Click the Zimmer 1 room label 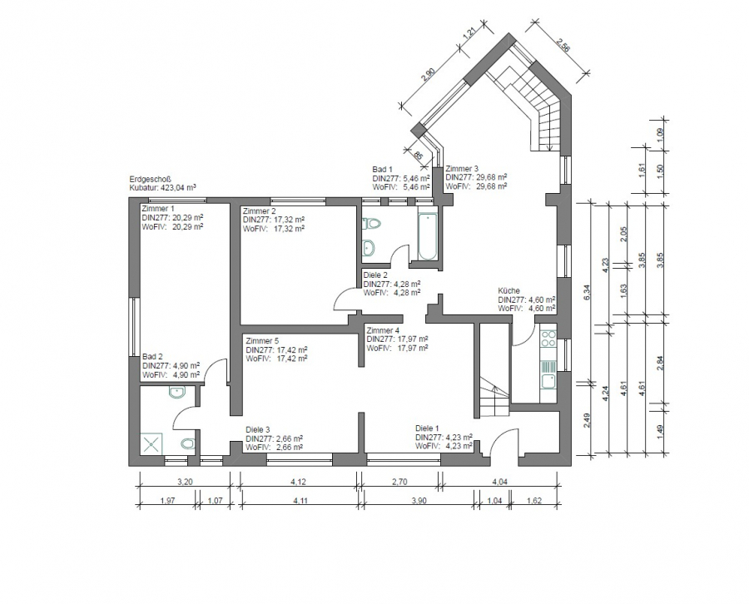158,209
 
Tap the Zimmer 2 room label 260,210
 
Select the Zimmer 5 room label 262,341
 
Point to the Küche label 508,290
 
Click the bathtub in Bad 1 428,236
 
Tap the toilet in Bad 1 372,224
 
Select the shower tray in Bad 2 151,444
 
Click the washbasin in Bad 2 176,393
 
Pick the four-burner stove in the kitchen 548,338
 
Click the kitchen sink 548,380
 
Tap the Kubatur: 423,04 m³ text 163,188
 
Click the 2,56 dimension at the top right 563,42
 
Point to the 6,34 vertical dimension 587,292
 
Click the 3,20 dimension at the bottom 185,482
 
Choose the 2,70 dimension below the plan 399,482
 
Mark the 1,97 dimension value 168,500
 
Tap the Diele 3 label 257,430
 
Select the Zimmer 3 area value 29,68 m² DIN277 492,177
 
